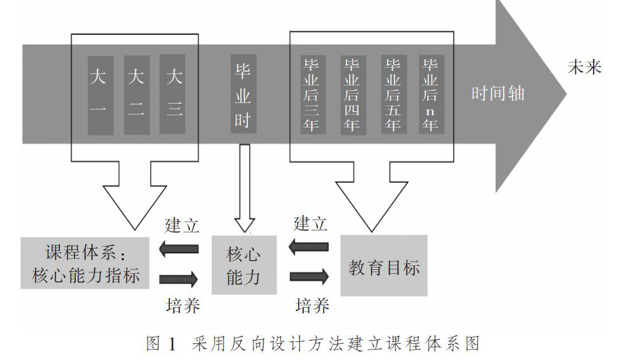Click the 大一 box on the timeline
coord(100,95)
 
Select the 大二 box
coord(137,95)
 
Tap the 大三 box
coord(172,94)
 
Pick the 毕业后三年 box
coord(313,95)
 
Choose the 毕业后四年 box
coord(353,95)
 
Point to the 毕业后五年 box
coord(394,94)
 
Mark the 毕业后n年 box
coord(431,94)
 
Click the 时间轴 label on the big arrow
coord(498,93)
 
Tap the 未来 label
coord(584,67)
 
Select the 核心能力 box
coord(244,265)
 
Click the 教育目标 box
coord(384,265)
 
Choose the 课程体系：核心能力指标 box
coord(85,263)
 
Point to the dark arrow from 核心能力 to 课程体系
coord(178,249)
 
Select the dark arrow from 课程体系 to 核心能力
coord(178,279)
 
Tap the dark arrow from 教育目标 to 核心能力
coord(308,247)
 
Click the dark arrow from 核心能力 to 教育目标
coord(309,277)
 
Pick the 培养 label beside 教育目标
coord(312,306)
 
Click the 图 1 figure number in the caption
coord(161,344)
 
